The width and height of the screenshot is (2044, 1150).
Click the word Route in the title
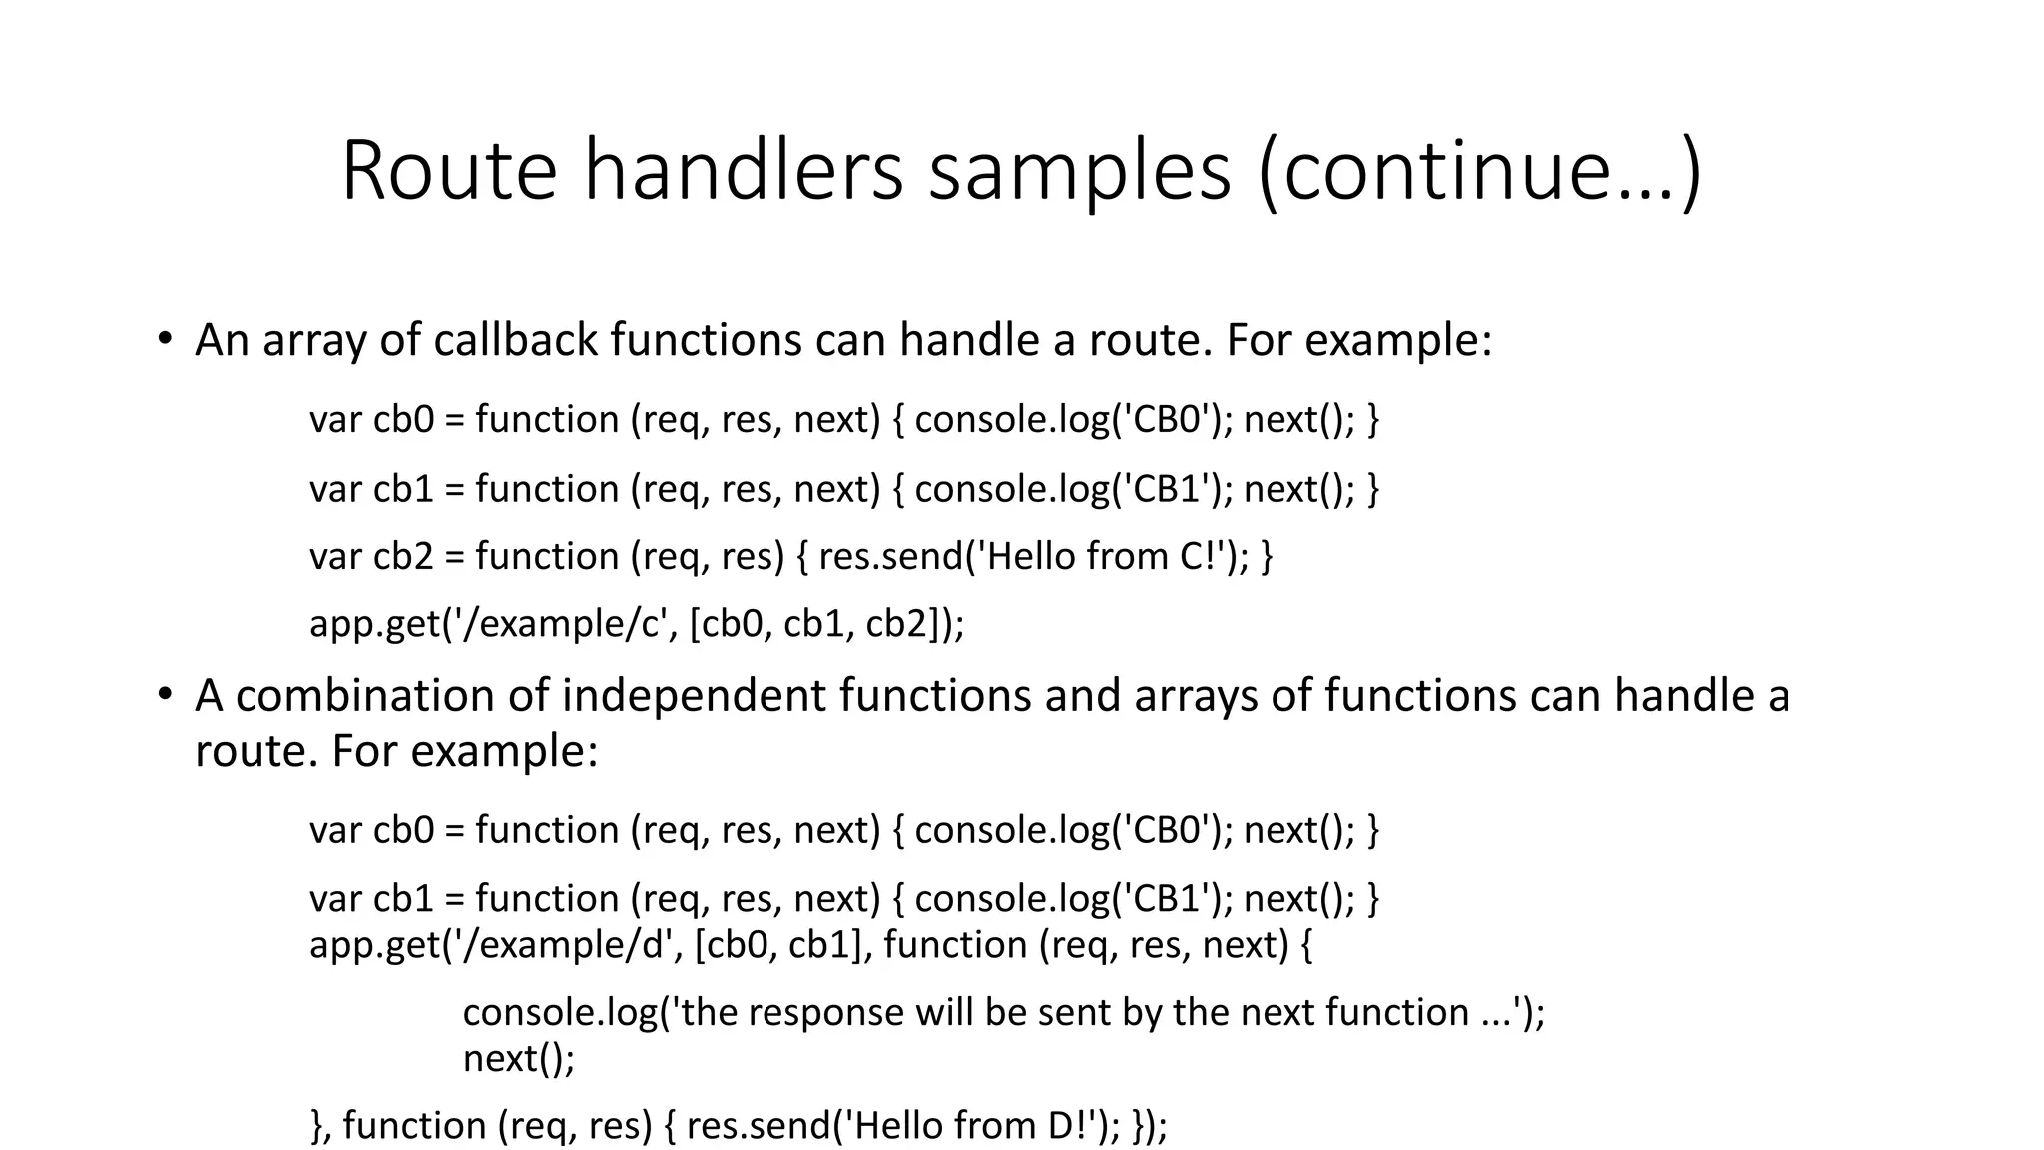(449, 171)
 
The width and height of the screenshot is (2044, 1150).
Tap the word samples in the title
(1079, 171)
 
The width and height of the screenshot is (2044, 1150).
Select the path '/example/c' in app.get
(559, 624)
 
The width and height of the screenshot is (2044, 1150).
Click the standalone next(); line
(519, 1058)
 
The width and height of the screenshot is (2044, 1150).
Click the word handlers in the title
(743, 171)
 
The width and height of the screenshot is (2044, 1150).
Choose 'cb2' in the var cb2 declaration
(403, 556)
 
